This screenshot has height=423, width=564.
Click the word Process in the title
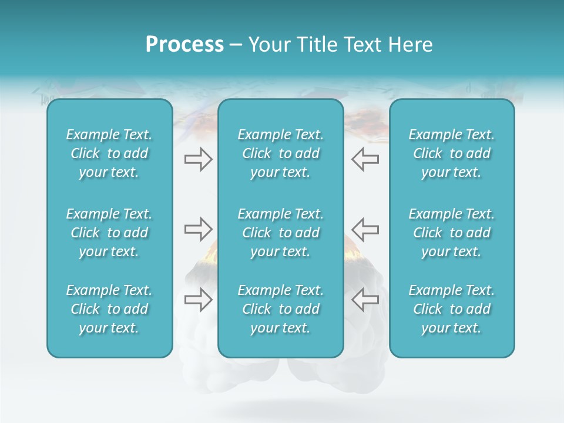pyautogui.click(x=184, y=45)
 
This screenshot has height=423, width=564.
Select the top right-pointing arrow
pyautogui.click(x=198, y=159)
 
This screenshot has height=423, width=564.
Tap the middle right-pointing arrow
pyautogui.click(x=198, y=229)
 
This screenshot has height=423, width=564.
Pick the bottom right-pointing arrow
pyautogui.click(x=198, y=300)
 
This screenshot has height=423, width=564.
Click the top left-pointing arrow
pyautogui.click(x=365, y=159)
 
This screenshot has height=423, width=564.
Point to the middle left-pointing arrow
pyautogui.click(x=365, y=229)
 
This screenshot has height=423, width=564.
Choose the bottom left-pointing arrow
pyautogui.click(x=365, y=300)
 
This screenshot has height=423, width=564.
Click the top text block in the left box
pyautogui.click(x=109, y=153)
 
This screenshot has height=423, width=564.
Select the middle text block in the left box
pyautogui.click(x=109, y=233)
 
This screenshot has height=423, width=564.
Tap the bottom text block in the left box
pyautogui.click(x=109, y=309)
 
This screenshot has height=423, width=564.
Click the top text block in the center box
pyautogui.click(x=280, y=153)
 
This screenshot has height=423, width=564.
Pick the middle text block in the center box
pyautogui.click(x=280, y=233)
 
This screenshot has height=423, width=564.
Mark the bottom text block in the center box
pyautogui.click(x=280, y=309)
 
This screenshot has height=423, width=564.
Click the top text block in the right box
pyautogui.click(x=451, y=153)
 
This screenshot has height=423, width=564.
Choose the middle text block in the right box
pyautogui.click(x=451, y=233)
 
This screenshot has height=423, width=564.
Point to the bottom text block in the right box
pyautogui.click(x=451, y=309)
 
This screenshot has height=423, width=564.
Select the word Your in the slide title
pyautogui.click(x=268, y=45)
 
